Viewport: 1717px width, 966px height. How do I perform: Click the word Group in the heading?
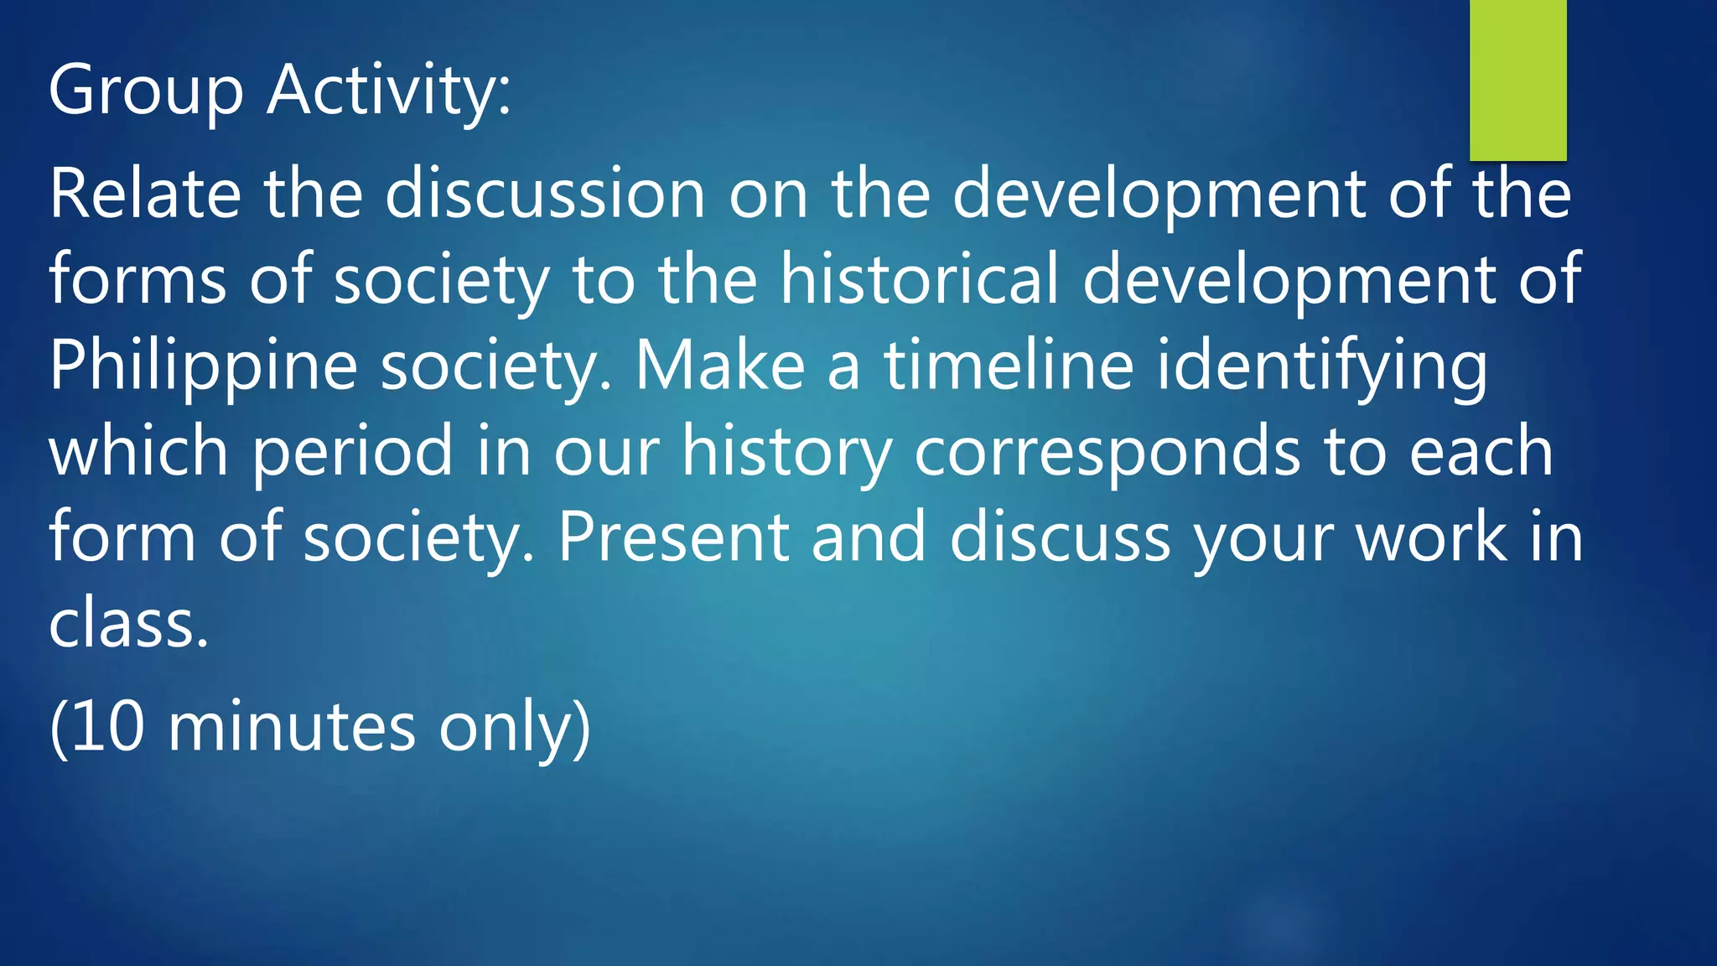coord(146,91)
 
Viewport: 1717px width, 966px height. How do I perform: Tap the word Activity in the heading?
coord(383,91)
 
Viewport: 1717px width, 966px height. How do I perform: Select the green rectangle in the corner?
coord(1517,80)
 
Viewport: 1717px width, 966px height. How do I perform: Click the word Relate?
coord(145,194)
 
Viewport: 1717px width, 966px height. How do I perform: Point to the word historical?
coord(920,279)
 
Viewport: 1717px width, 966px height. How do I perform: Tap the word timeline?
coord(1009,366)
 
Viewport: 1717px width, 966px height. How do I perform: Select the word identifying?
coord(1322,366)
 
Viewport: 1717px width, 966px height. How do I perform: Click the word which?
coord(138,451)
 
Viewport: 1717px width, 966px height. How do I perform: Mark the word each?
coord(1481,451)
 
